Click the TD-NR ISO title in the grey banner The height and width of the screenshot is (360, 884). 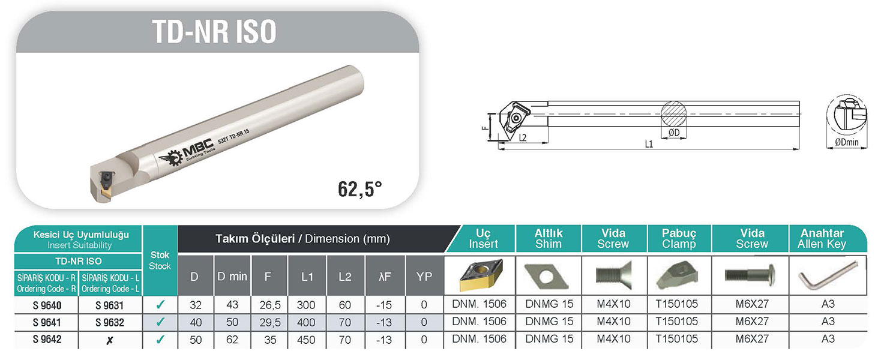(x=214, y=32)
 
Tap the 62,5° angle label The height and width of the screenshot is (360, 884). (x=360, y=189)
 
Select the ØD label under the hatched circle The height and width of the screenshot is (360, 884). (x=674, y=133)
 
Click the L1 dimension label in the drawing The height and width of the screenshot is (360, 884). (x=649, y=144)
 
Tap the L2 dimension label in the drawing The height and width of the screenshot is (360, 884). (x=523, y=138)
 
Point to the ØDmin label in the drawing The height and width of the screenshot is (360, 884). (x=847, y=142)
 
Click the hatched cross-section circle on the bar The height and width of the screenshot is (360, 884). (x=674, y=114)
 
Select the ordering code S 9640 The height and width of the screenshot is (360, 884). (x=47, y=305)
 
